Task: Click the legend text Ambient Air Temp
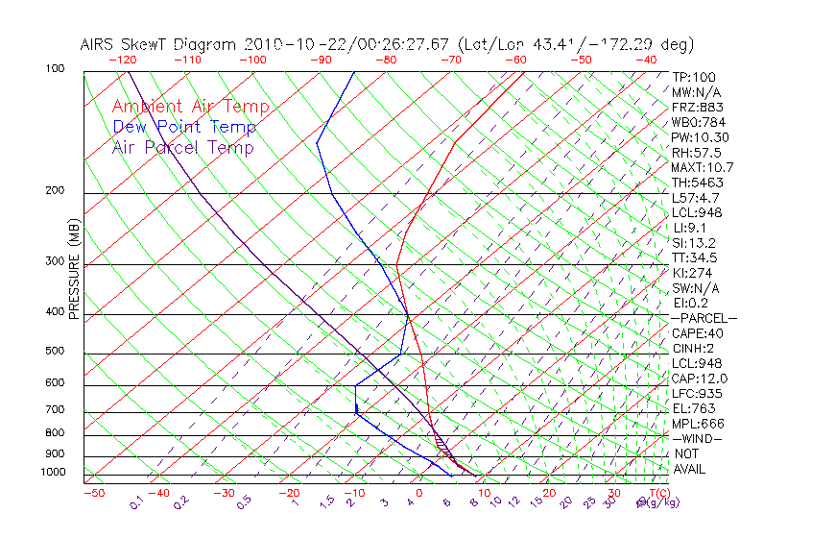coord(190,107)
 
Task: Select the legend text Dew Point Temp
coord(184,127)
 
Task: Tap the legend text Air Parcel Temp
coord(182,147)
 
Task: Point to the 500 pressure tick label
coord(55,351)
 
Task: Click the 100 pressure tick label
coord(55,69)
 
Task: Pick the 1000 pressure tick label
coord(52,472)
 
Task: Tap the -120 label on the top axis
coord(123,60)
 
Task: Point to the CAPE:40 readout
coord(697,333)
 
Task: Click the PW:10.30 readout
coord(700,137)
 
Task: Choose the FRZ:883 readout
coord(697,107)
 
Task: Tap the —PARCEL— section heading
coord(704,318)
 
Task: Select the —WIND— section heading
coord(697,438)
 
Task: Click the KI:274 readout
coord(693,273)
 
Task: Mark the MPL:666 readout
coord(697,424)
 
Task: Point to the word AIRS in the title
coord(101,44)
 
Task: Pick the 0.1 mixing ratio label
coord(135,501)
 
